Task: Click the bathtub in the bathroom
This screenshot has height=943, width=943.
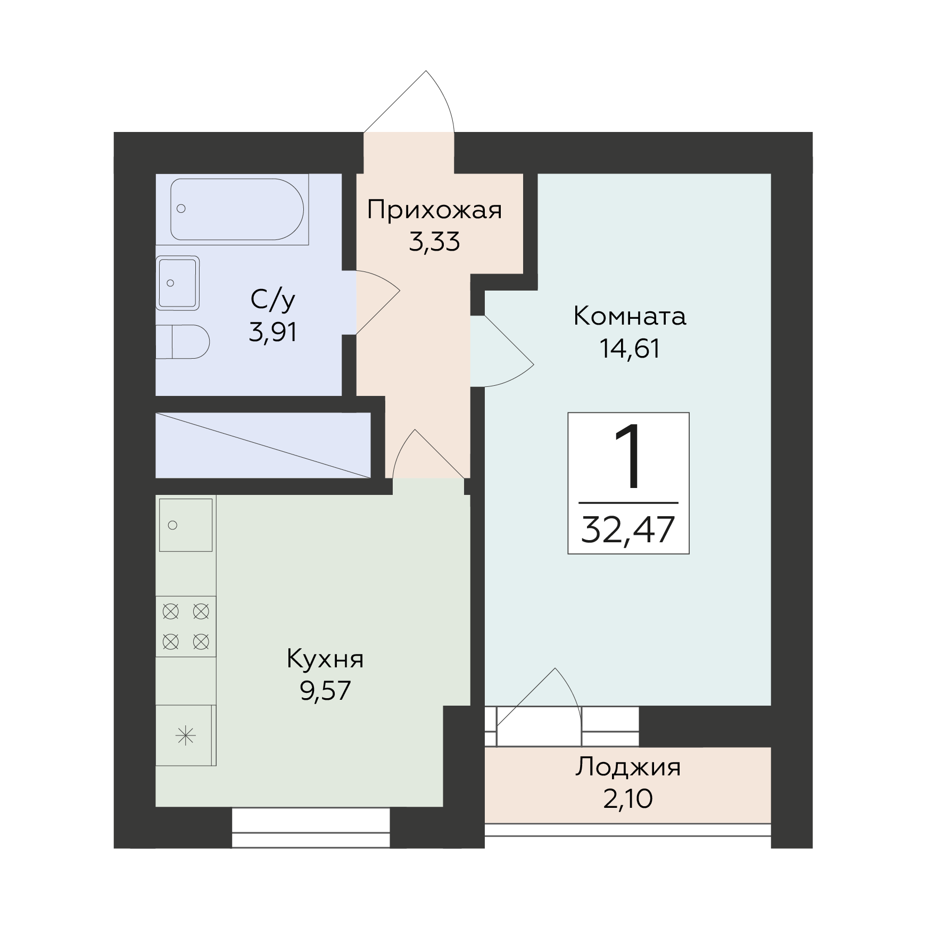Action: (x=237, y=209)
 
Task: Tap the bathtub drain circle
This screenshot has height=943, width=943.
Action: (x=181, y=209)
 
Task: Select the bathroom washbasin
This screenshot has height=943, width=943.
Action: (x=177, y=283)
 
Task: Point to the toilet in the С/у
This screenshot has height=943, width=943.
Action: (x=183, y=341)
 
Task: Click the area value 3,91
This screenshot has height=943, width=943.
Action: (x=272, y=333)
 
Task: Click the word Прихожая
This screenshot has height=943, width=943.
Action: (x=434, y=211)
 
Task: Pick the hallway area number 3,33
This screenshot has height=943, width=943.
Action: (x=434, y=242)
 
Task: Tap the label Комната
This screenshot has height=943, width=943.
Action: (x=630, y=317)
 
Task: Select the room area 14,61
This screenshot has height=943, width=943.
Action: (x=630, y=349)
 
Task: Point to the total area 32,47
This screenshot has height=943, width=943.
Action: (x=628, y=530)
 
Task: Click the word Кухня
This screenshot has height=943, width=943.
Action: (x=325, y=660)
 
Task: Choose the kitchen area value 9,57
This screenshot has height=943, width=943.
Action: (x=325, y=691)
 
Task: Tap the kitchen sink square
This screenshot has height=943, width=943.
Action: (x=186, y=525)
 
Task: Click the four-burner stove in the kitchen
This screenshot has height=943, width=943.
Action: (x=186, y=626)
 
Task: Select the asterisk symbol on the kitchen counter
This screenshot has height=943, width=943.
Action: (x=186, y=737)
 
